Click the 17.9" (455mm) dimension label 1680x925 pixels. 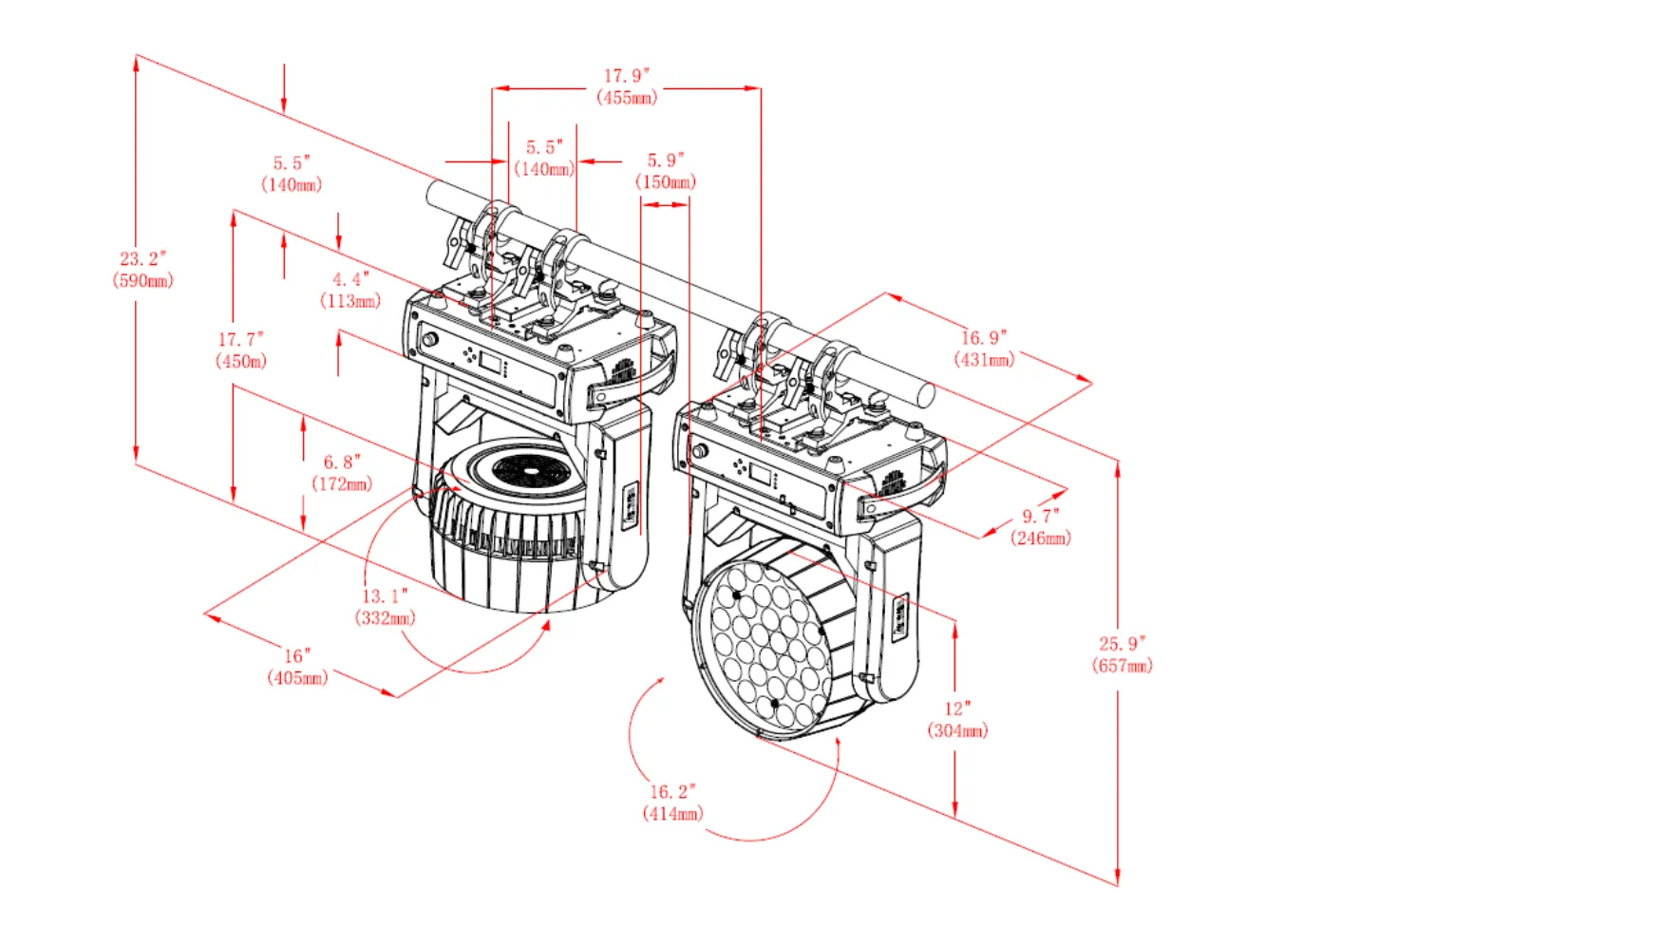[627, 86]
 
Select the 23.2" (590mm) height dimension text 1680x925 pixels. [142, 270]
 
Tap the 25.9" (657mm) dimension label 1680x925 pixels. [1123, 655]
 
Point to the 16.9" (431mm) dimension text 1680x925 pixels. [984, 349]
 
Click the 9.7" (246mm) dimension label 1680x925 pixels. [1041, 527]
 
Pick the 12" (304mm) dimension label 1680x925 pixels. [957, 720]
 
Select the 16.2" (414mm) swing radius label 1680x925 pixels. [672, 802]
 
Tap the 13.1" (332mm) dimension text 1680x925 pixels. [385, 607]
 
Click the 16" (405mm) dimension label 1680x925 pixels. [297, 667]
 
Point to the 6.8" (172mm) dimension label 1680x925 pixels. [342, 473]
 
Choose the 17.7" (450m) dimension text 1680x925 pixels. [241, 349]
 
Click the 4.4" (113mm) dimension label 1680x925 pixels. [350, 290]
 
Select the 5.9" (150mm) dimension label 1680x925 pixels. [666, 171]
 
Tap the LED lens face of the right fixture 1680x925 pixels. [760, 646]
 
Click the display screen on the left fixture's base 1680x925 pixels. [491, 362]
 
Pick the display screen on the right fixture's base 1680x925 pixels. [761, 474]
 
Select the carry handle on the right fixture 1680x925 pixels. [908, 487]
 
